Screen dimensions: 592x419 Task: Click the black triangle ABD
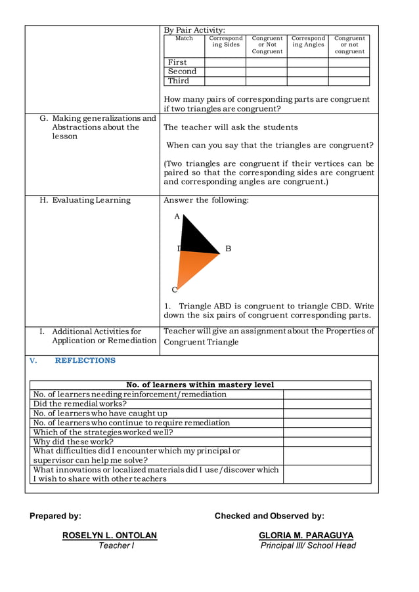click(x=194, y=238)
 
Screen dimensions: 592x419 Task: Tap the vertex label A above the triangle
click(x=177, y=216)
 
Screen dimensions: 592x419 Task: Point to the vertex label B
click(x=228, y=249)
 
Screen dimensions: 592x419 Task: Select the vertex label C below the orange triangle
click(x=175, y=289)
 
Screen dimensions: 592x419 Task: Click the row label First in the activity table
click(x=177, y=62)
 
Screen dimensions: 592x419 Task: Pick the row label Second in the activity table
click(x=182, y=72)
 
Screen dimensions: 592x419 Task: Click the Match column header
click(x=185, y=39)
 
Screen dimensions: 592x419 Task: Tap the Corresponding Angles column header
click(x=308, y=41)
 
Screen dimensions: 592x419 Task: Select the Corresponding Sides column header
click(x=226, y=41)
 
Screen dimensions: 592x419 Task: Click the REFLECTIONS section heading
click(x=85, y=360)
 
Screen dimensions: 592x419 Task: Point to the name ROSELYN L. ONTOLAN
click(x=110, y=536)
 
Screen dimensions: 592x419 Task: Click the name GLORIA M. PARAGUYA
click(x=306, y=536)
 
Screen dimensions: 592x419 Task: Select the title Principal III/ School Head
click(x=308, y=545)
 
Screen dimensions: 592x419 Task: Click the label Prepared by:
click(x=55, y=516)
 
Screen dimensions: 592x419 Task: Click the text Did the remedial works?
click(x=80, y=404)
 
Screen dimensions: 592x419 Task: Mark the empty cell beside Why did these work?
click(x=327, y=442)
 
